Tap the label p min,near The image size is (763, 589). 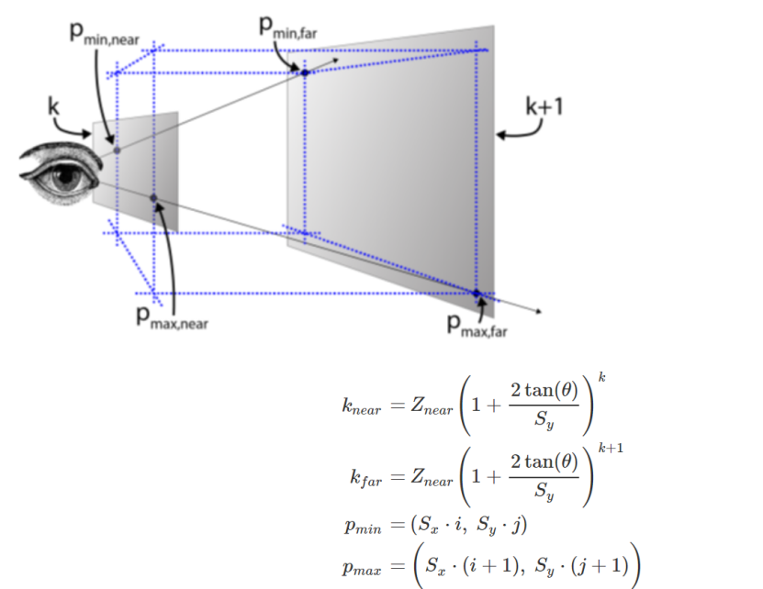tap(105, 35)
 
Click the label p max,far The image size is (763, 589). tap(476, 325)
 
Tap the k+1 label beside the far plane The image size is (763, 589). tap(544, 106)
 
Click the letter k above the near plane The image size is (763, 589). tap(54, 106)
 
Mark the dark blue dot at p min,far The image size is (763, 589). tap(305, 72)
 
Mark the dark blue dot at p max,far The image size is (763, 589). tap(477, 294)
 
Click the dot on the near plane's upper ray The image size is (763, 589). tap(117, 149)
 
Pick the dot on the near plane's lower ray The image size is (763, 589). tap(153, 197)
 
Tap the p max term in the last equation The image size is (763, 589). tap(360, 570)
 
